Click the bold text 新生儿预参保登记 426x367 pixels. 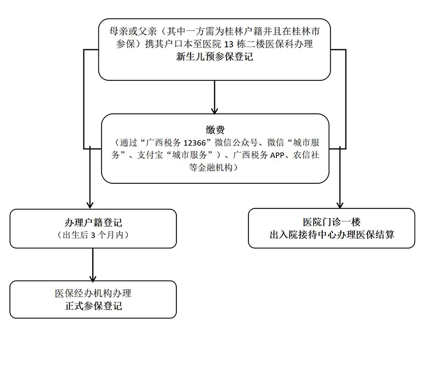pos(214,56)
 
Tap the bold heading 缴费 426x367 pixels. pos(215,130)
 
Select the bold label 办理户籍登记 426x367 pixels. pos(93,223)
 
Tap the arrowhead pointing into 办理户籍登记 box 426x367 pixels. pos(90,204)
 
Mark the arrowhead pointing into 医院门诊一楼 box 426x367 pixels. pos(339,203)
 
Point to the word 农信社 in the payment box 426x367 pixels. pos(306,155)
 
